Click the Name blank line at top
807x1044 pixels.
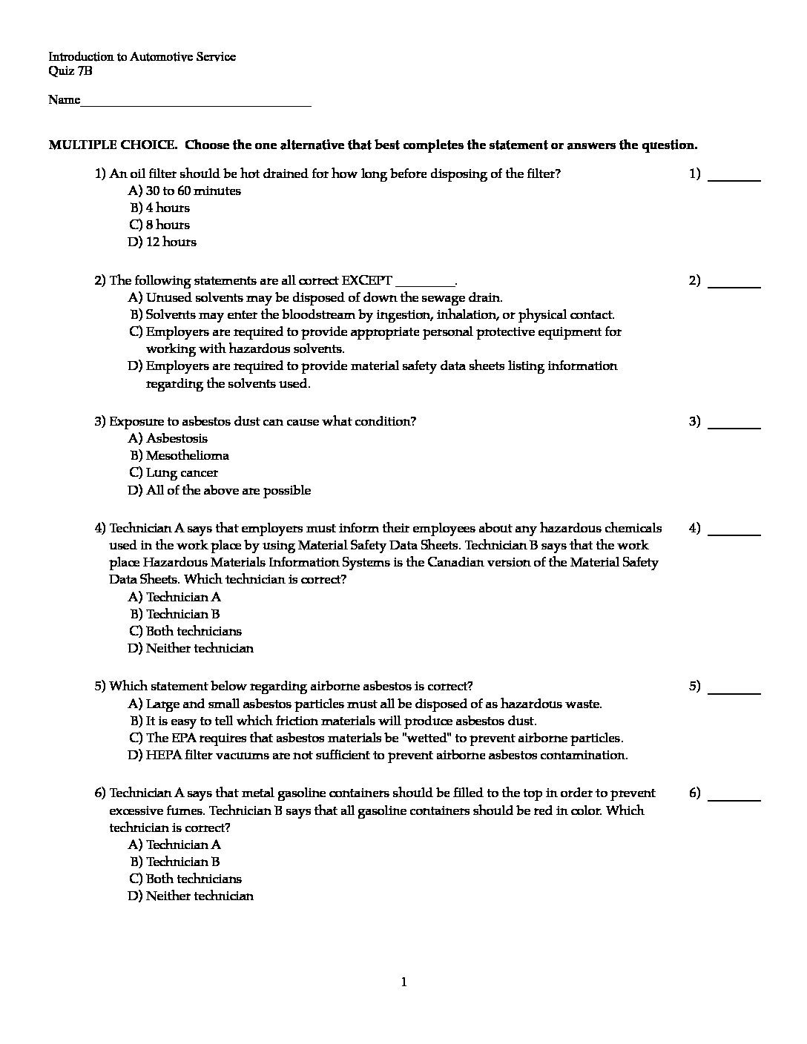[x=196, y=103]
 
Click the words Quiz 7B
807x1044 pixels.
[x=70, y=71]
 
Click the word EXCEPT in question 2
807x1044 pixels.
[x=366, y=280]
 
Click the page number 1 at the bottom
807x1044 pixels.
[x=403, y=982]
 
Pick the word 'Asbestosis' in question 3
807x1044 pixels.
[x=177, y=438]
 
